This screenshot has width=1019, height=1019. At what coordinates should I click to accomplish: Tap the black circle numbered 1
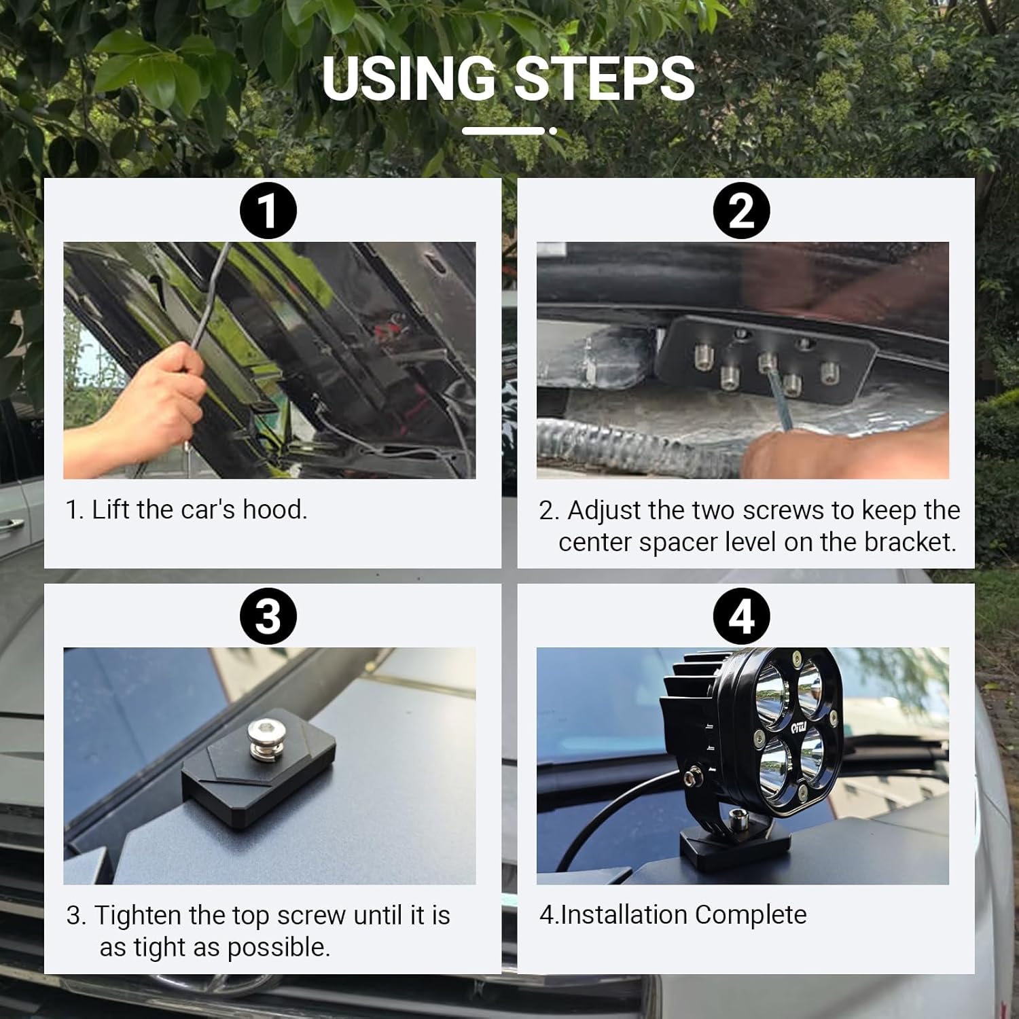pos(268,211)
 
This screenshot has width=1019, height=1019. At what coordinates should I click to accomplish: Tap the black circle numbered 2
pos(741,211)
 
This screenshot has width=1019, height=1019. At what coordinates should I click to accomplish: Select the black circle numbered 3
pos(268,616)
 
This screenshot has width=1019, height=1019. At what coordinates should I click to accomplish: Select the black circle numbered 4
pos(741,616)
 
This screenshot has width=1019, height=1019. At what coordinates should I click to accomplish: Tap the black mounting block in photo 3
pos(258,781)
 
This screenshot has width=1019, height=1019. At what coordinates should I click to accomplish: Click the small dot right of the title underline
pos(553,130)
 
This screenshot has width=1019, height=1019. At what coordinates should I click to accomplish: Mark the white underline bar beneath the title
pos(503,130)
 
